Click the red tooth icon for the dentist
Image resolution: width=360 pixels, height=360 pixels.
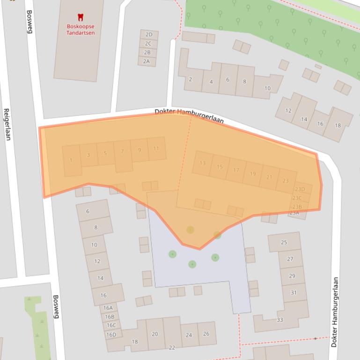(80, 18)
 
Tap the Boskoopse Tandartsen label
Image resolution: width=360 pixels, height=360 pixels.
(81, 30)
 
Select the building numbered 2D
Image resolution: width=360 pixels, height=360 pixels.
(149, 35)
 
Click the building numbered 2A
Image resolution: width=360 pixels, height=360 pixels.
(147, 61)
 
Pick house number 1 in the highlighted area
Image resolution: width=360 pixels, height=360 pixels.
(71, 160)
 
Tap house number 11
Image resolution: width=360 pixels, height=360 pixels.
(156, 149)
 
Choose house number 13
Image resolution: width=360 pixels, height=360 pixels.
(202, 163)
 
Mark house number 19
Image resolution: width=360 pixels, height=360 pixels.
(253, 173)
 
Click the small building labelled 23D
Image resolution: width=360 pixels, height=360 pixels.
(300, 189)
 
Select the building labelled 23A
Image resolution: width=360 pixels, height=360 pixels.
(294, 214)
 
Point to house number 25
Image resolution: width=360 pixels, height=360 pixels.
(284, 242)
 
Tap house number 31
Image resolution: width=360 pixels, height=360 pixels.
(294, 293)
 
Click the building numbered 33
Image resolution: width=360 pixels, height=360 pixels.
(280, 320)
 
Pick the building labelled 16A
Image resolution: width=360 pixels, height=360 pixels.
(108, 308)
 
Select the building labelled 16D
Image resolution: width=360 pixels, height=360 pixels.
(111, 334)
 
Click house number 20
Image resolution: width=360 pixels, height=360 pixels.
(155, 334)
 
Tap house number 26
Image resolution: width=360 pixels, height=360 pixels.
(206, 334)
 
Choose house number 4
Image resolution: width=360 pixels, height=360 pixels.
(211, 82)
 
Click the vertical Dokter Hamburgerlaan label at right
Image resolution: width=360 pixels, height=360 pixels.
(334, 312)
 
